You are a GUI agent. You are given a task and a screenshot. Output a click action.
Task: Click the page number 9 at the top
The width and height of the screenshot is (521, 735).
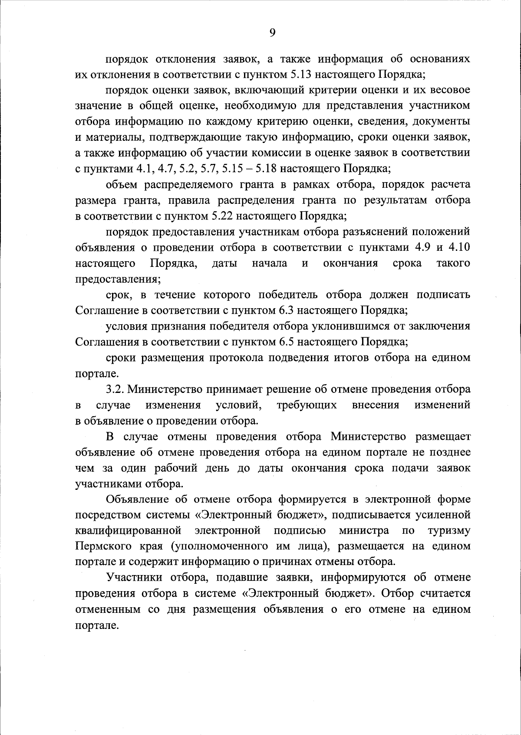coord(272,33)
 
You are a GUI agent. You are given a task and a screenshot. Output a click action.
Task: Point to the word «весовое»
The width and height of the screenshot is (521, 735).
coord(447,90)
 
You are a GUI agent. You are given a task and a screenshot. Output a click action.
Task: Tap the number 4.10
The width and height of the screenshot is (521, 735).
coord(459,248)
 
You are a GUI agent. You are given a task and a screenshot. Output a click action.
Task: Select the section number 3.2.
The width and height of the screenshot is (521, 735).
coord(115,389)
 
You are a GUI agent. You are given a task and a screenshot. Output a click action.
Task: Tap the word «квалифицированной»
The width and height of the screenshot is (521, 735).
coord(128,531)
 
